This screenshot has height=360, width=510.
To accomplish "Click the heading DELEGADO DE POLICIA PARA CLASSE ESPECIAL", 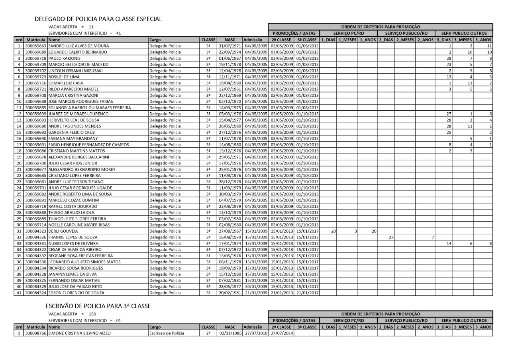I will point(98,19).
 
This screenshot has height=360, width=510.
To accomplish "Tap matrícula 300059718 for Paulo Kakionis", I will point(36,59).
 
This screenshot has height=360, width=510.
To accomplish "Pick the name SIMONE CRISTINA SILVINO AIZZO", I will point(79,333).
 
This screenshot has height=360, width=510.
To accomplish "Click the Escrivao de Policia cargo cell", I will point(167,333).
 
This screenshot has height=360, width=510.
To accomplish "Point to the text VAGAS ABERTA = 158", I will point(73,314).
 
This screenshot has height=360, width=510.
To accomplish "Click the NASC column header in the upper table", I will point(230,40).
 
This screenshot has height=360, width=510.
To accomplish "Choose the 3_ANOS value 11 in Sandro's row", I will point(489,46).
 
